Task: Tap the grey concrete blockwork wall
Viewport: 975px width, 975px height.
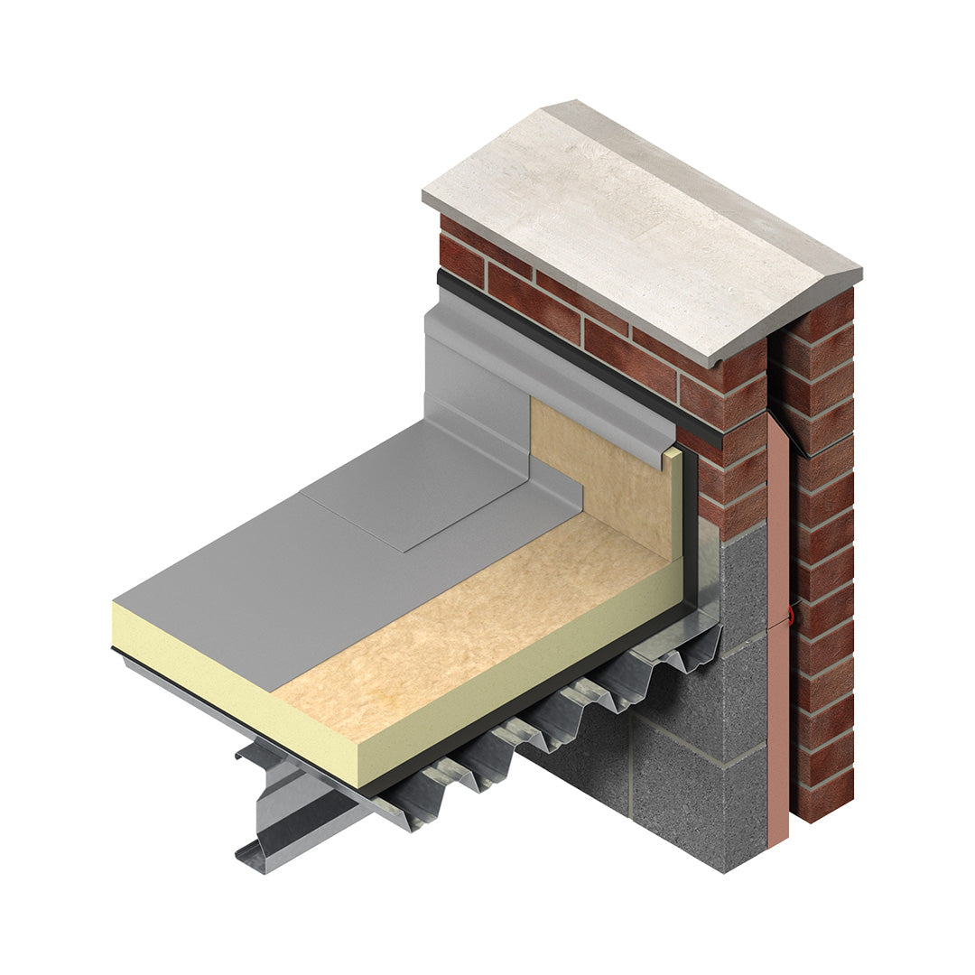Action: (x=686, y=767)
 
